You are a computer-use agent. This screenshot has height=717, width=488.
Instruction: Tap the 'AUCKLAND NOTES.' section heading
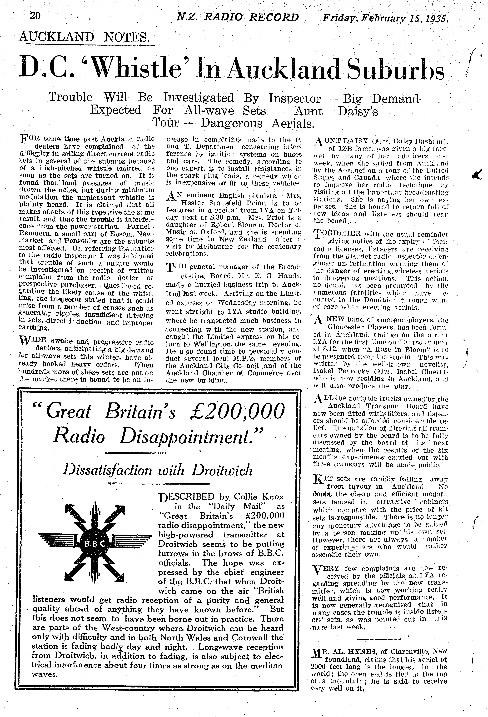pyautogui.click(x=85, y=37)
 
